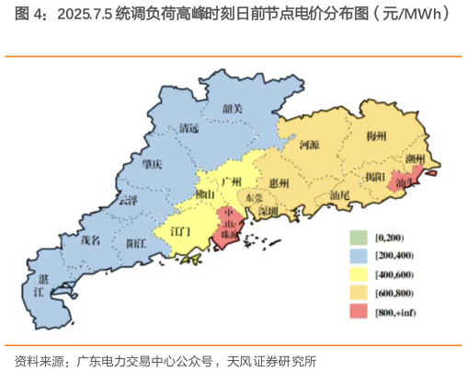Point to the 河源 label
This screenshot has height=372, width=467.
[x=310, y=145]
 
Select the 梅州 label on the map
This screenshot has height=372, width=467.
[x=376, y=135]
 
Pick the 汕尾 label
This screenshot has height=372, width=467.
[x=338, y=196]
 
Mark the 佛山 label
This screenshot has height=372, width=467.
[x=205, y=195]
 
